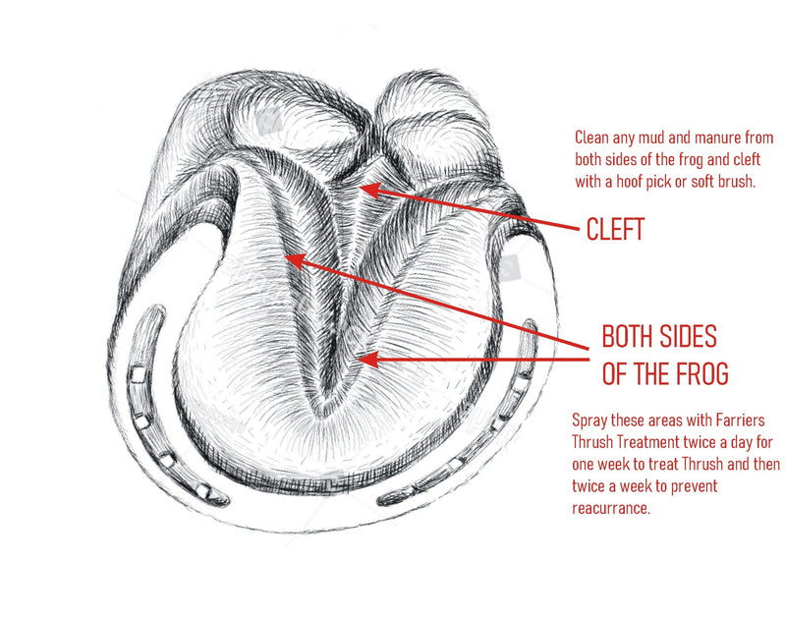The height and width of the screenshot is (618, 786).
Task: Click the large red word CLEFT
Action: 615,229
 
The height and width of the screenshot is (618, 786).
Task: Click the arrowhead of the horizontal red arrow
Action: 367,360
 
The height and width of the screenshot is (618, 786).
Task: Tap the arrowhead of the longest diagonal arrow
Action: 296,261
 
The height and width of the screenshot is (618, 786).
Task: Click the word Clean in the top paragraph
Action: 589,138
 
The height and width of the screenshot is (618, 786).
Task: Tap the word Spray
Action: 589,421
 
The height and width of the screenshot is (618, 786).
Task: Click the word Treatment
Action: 647,442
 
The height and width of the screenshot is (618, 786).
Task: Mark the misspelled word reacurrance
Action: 610,508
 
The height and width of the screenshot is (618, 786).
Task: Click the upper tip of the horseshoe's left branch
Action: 158,309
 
